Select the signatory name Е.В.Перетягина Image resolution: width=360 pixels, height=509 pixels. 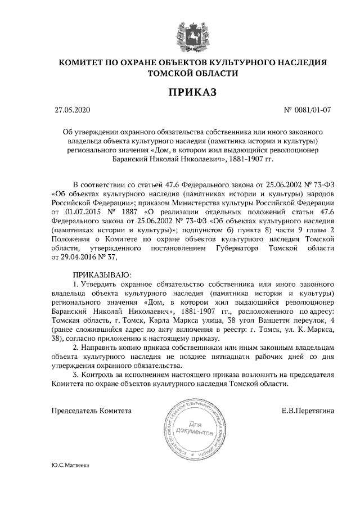(x=308, y=411)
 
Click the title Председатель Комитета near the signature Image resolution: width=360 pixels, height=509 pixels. (x=92, y=411)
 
